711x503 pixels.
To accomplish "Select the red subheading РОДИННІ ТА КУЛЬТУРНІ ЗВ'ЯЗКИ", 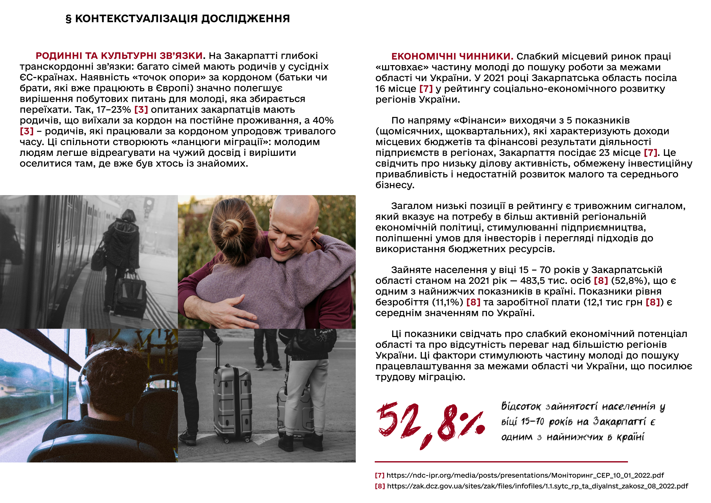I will click(x=119, y=56).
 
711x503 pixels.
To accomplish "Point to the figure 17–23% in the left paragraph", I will click(x=114, y=110).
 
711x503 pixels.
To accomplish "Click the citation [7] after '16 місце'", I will click(x=426, y=89).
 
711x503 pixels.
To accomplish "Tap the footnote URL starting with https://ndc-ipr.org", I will click(x=525, y=475).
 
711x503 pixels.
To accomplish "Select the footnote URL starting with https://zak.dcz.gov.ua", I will click(x=537, y=486).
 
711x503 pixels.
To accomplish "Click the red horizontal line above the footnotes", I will click(x=501, y=462).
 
